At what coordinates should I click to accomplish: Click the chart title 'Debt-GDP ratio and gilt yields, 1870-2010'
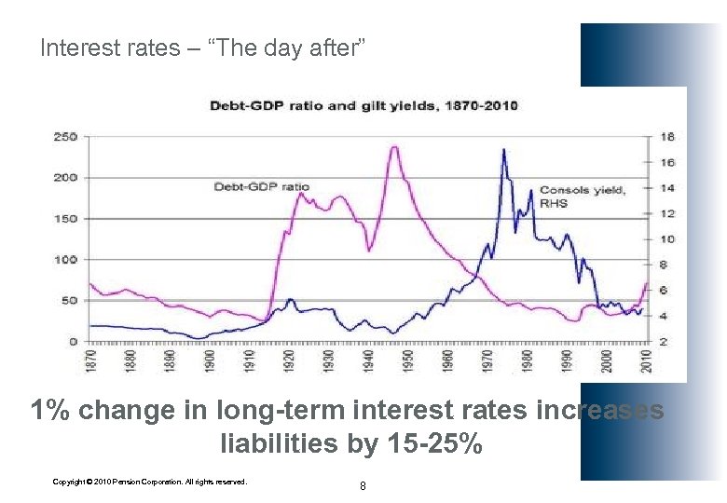point(363,105)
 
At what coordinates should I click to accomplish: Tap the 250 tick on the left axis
point(65,137)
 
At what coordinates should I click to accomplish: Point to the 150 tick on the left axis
point(65,219)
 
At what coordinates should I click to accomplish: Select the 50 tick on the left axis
point(68,301)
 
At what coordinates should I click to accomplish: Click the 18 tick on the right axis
point(667,137)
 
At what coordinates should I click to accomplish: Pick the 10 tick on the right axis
point(667,239)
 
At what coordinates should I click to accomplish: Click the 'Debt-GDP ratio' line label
point(261,187)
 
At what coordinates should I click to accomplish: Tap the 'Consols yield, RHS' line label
point(583,196)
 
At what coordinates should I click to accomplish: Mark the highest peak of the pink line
point(395,147)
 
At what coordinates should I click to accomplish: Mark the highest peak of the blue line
point(504,149)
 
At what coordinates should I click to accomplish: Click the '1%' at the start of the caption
point(51,411)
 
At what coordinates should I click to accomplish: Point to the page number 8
point(363,485)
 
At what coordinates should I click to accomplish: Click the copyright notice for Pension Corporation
point(150,482)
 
